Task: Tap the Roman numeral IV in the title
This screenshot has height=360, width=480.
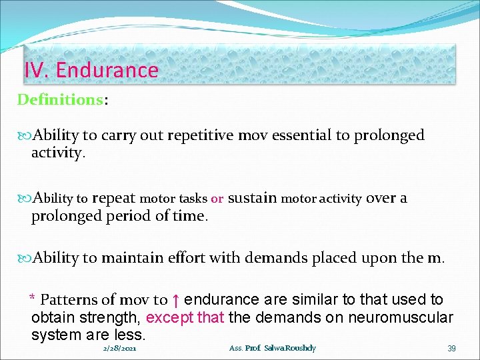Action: click(x=35, y=70)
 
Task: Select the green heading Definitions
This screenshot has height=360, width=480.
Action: click(x=59, y=100)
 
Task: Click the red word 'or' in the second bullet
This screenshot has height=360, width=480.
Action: click(x=217, y=199)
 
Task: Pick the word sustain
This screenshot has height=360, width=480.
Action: click(x=253, y=198)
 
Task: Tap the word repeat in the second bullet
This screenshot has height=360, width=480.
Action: click(x=113, y=198)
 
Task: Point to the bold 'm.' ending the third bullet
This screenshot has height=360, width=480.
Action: click(x=437, y=257)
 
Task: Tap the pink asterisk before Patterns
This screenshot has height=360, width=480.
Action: click(x=31, y=298)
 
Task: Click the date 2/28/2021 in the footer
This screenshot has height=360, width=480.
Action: click(x=121, y=349)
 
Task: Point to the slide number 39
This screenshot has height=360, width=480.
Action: click(x=451, y=349)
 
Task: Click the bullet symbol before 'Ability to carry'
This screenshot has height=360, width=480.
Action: click(x=25, y=136)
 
